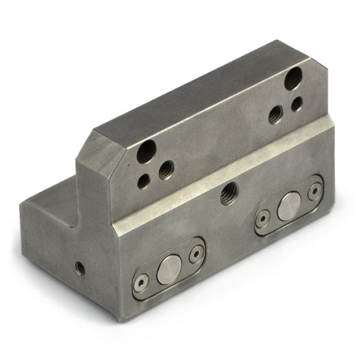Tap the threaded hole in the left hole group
pyautogui.click(x=166, y=169)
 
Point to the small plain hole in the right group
pyautogui.click(x=297, y=104)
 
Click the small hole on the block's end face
pyautogui.click(x=81, y=268)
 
